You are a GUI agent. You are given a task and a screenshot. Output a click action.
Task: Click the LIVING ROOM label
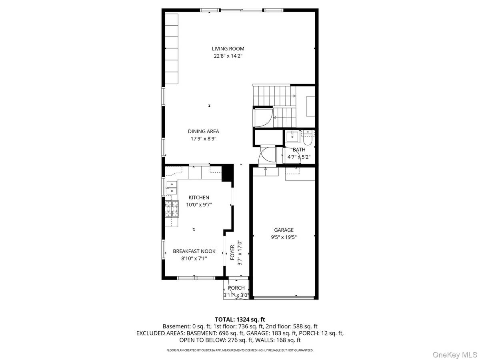tap(228, 49)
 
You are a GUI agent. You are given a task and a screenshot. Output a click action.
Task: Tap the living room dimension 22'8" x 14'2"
tap(228, 56)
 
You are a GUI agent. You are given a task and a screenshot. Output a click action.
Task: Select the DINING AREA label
tap(204, 131)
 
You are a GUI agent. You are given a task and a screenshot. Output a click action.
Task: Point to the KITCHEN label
tap(199, 198)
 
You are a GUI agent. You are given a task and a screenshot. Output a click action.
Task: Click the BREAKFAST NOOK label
tap(194, 251)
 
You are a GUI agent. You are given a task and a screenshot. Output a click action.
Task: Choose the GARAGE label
tap(284, 230)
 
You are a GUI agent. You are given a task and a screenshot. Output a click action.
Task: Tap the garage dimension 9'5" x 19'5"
tap(284, 237)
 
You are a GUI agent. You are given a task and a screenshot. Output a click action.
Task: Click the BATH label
tap(299, 150)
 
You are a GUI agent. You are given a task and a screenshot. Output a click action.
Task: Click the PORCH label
tap(236, 288)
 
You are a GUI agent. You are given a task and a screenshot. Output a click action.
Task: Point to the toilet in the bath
tap(308, 138)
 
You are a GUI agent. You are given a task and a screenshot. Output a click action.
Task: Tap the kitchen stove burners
tap(172, 208)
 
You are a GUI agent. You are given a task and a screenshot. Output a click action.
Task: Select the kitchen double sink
tap(172, 188)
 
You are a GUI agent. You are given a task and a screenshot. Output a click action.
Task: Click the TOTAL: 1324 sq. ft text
tap(240, 319)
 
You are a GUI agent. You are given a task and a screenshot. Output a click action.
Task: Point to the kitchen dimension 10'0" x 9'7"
tap(199, 205)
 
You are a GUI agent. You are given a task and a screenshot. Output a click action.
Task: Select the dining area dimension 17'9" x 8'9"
tap(204, 139)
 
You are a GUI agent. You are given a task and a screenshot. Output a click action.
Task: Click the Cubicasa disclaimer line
tap(240, 350)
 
